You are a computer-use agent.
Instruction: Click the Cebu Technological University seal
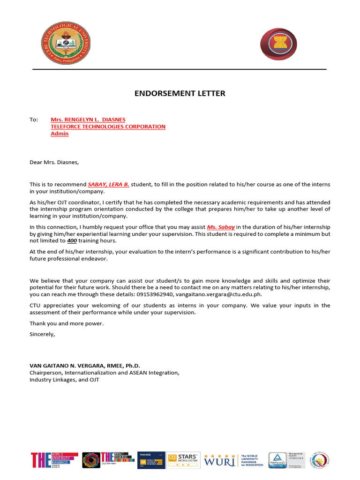[66, 43]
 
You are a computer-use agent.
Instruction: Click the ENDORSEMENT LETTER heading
[180, 93]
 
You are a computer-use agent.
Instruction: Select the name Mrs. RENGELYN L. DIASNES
[88, 120]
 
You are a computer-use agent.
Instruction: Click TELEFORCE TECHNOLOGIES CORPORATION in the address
[108, 127]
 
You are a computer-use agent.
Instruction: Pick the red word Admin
[60, 134]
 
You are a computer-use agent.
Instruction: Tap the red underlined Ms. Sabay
[221, 226]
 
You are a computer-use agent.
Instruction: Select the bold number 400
[71, 240]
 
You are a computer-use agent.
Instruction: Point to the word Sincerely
[42, 334]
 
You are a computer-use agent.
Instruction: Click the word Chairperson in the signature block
[45, 373]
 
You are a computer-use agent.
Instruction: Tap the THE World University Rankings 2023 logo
[54, 460]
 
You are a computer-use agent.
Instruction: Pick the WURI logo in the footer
[219, 460]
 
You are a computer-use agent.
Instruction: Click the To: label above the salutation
[34, 120]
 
